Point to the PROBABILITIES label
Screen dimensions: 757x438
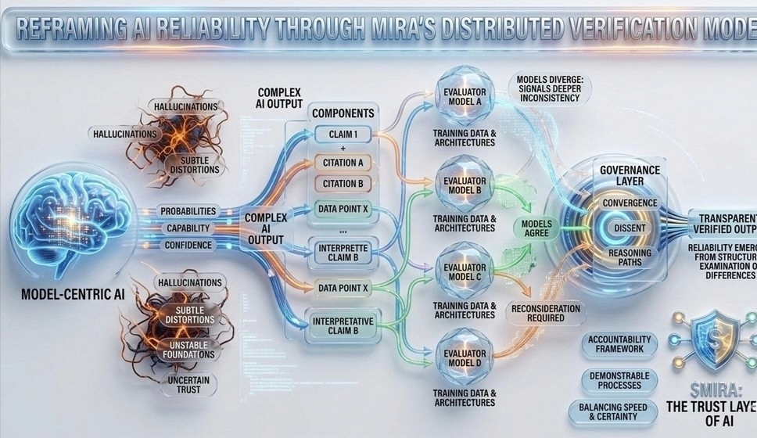pos(188,211)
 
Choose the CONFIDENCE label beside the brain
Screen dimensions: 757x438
pos(188,245)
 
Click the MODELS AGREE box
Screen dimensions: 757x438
pos(537,229)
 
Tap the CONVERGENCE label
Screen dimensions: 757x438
pos(630,203)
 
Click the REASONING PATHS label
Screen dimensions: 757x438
pos(630,257)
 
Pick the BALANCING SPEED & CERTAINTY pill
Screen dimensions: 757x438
pos(619,411)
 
